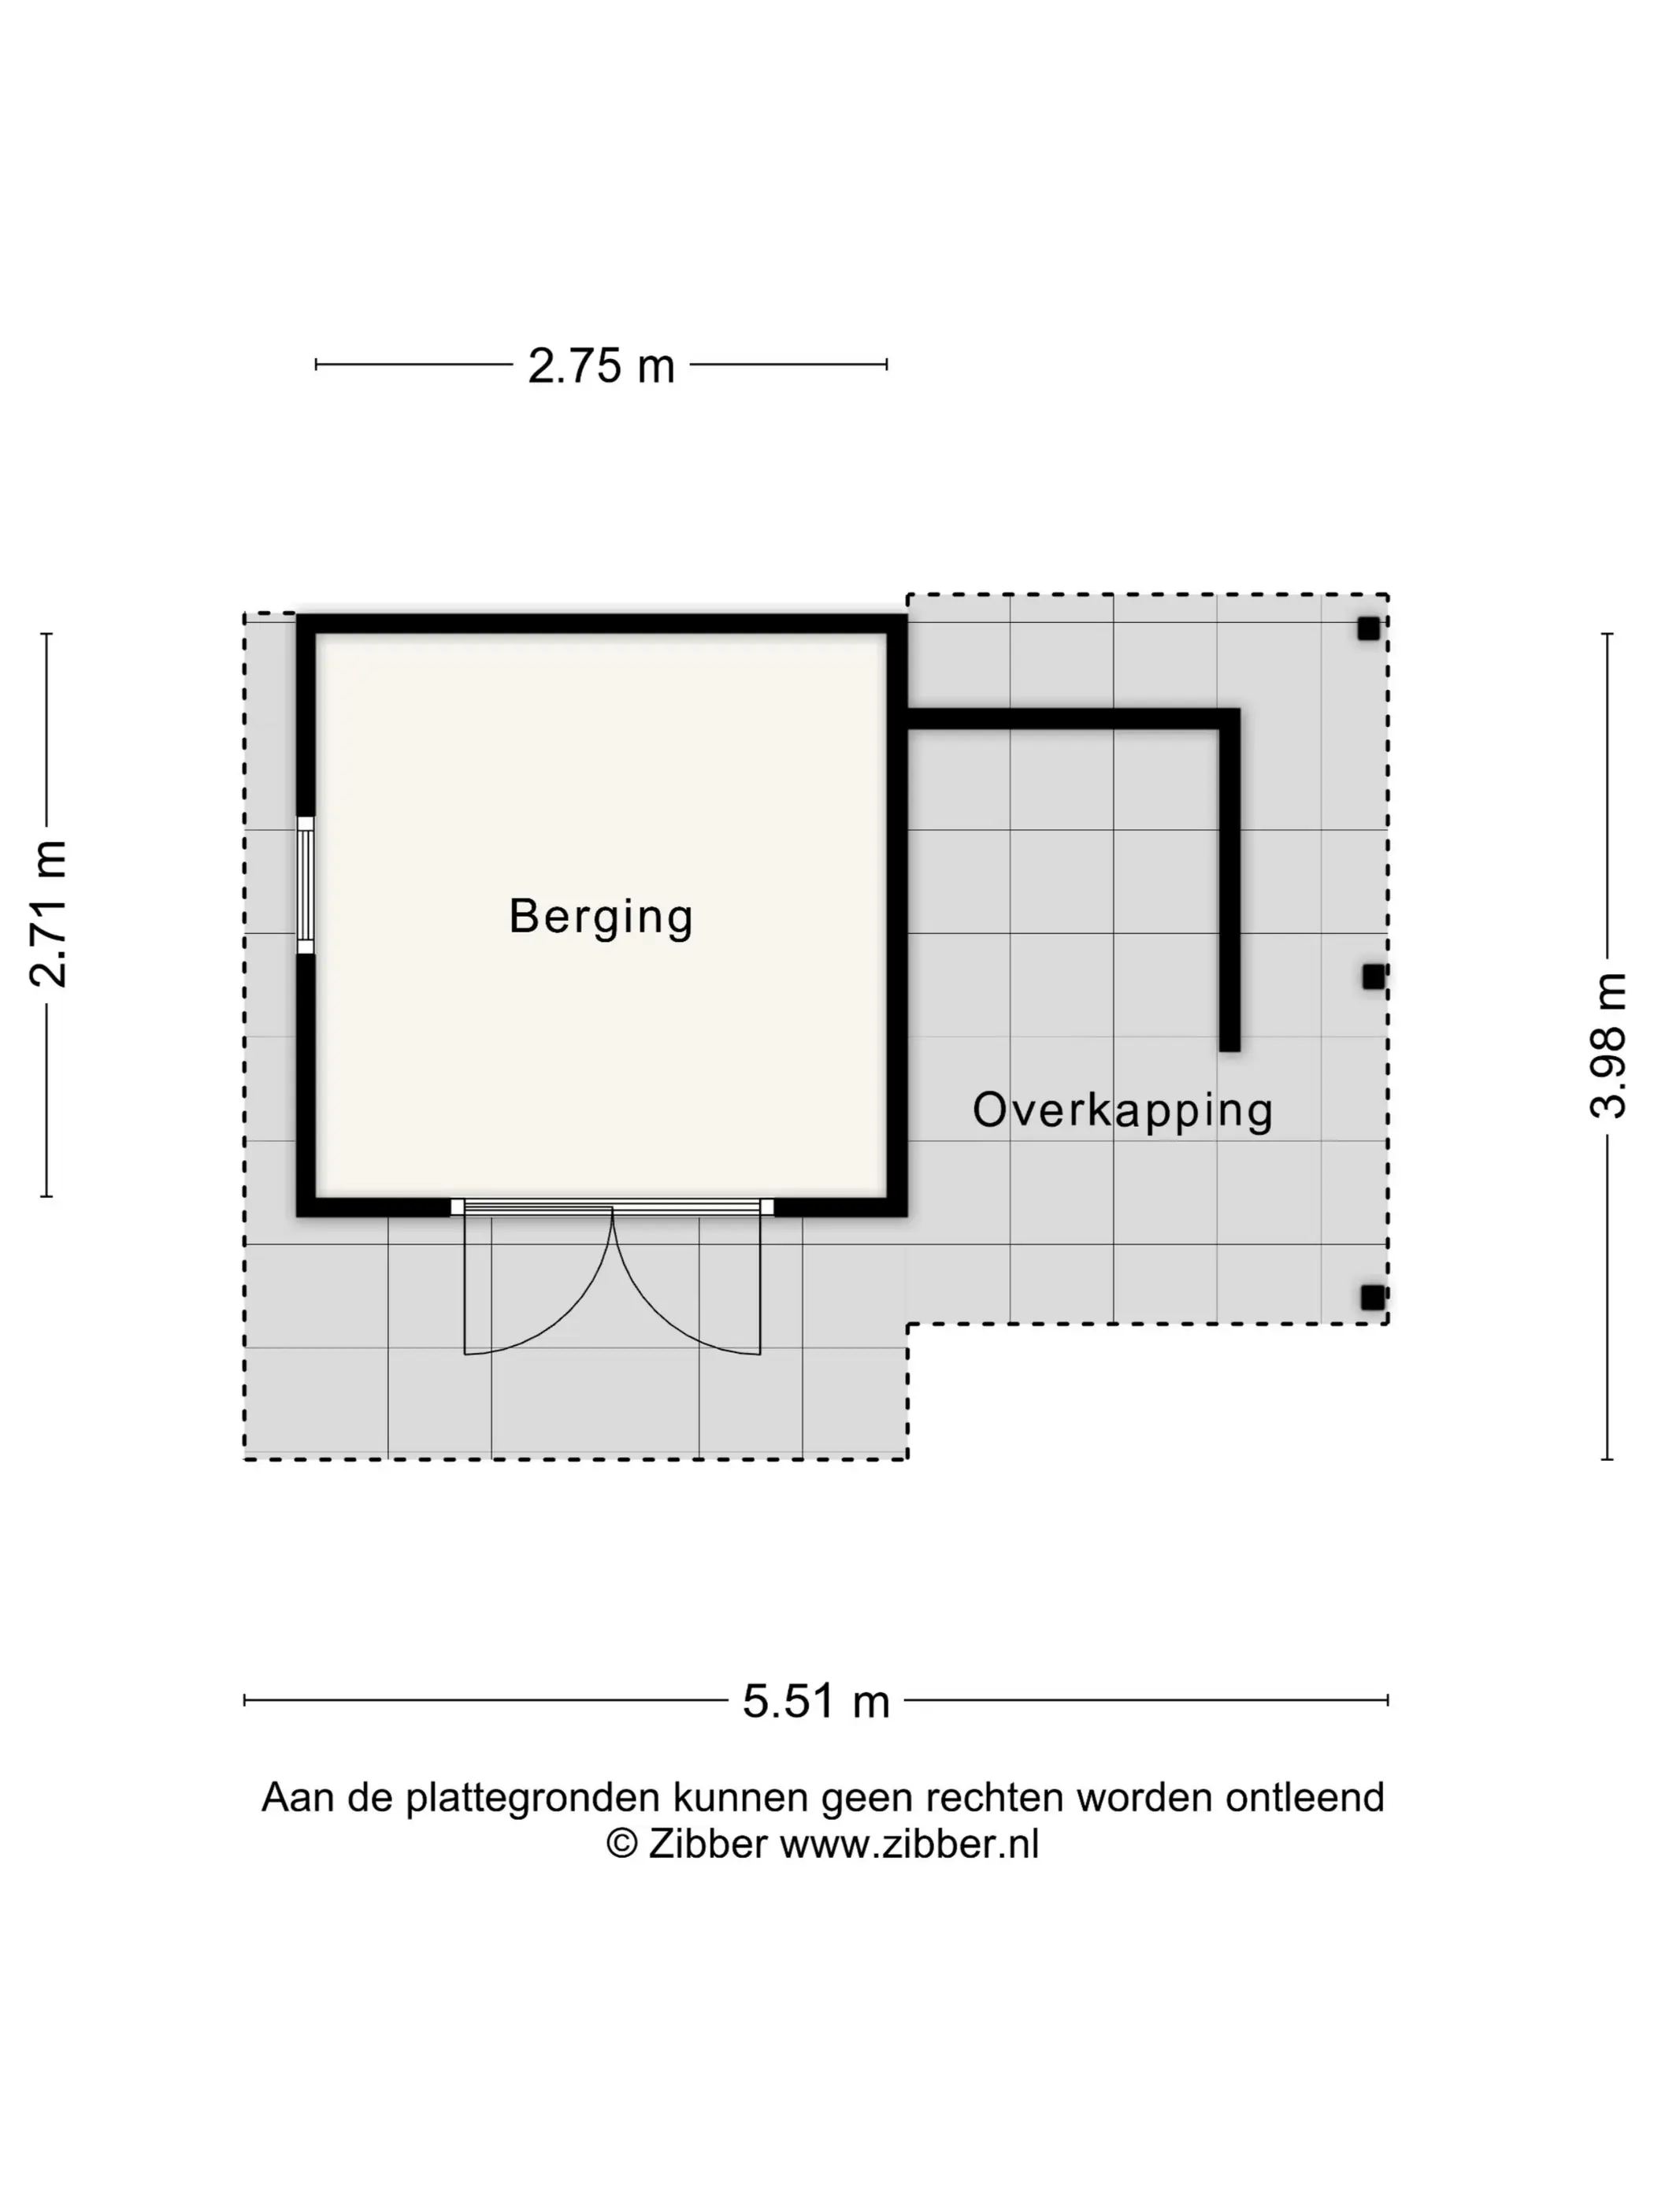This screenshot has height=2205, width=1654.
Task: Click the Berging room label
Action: (600, 917)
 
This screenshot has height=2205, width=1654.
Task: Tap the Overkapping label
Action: (1122, 1111)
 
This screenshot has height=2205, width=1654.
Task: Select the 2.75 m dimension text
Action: (601, 366)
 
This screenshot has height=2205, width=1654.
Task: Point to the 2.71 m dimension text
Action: (48, 913)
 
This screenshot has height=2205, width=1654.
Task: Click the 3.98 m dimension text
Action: (1608, 1046)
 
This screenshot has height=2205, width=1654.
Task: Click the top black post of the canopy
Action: (1368, 629)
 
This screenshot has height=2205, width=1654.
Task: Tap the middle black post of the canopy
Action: (1374, 977)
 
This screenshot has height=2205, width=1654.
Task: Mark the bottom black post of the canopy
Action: (1373, 1297)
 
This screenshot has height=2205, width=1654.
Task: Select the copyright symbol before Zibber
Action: (622, 1844)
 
